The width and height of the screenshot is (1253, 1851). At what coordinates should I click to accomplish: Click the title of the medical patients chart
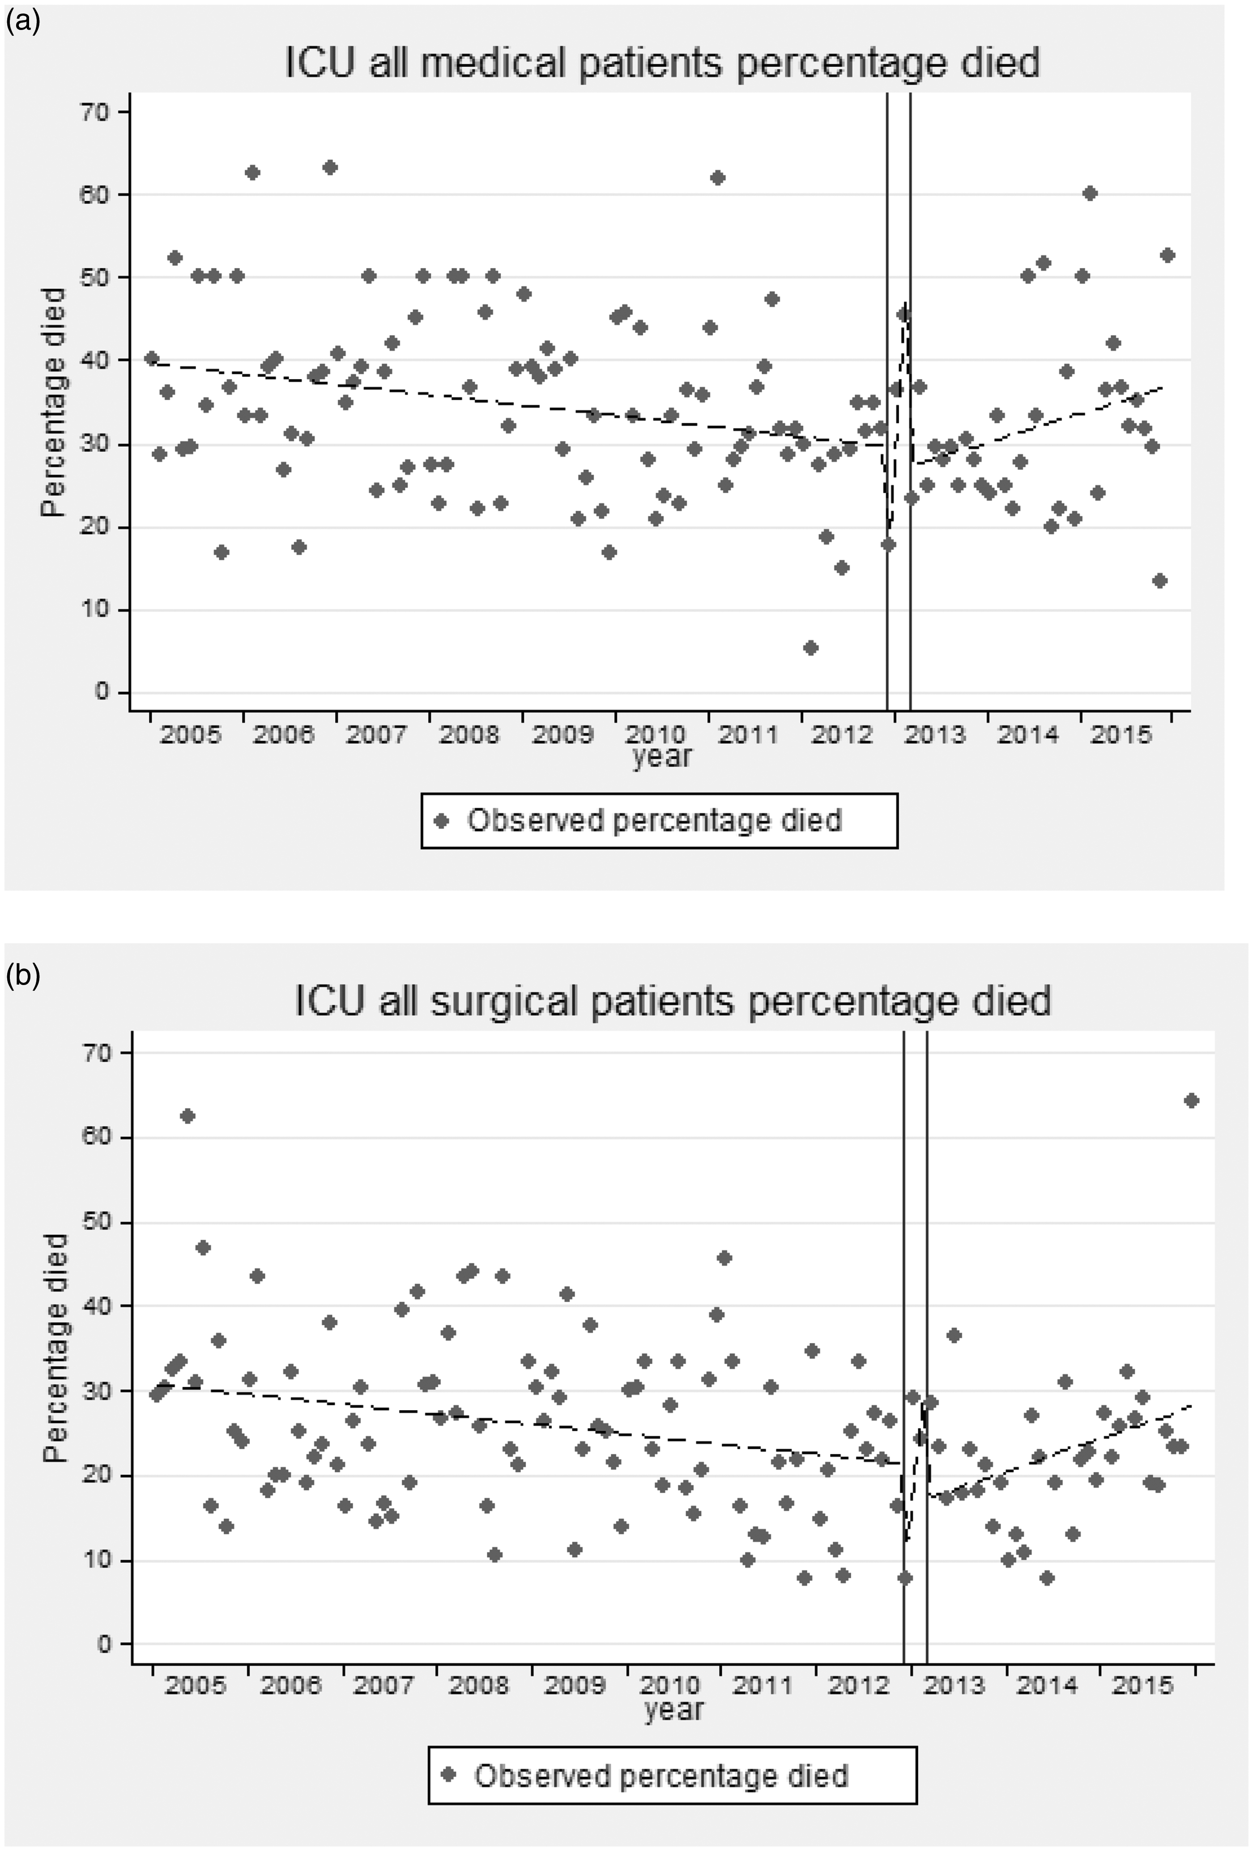(x=662, y=63)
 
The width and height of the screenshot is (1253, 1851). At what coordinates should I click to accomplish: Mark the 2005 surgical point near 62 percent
(x=187, y=1116)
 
